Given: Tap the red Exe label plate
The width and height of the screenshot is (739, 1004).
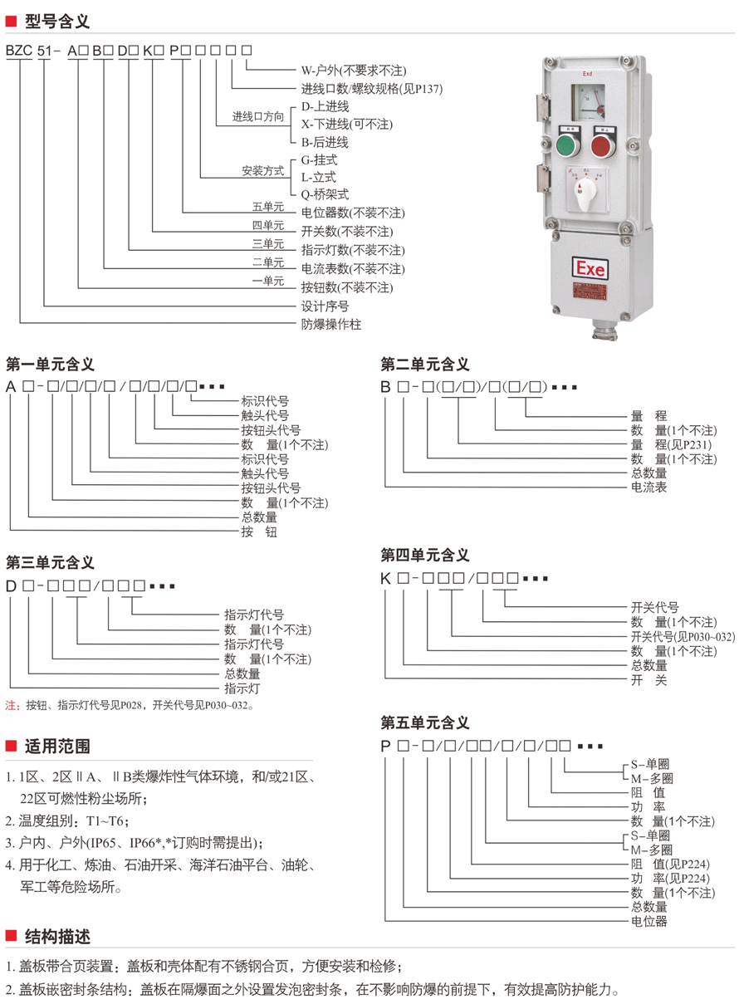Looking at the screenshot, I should (x=591, y=268).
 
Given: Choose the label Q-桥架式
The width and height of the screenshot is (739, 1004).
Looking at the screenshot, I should (x=325, y=194).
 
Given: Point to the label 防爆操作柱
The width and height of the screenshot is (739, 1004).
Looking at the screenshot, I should (x=331, y=325).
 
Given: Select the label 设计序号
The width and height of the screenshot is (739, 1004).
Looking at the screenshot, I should (x=325, y=306).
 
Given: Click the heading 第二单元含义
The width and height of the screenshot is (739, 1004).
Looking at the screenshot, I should (x=425, y=364).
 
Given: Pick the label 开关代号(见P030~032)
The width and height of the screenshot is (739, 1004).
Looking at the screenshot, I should (x=683, y=637).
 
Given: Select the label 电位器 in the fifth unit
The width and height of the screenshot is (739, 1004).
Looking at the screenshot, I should (x=648, y=921).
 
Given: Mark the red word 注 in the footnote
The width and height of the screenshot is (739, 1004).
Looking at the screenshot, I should (x=12, y=706).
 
